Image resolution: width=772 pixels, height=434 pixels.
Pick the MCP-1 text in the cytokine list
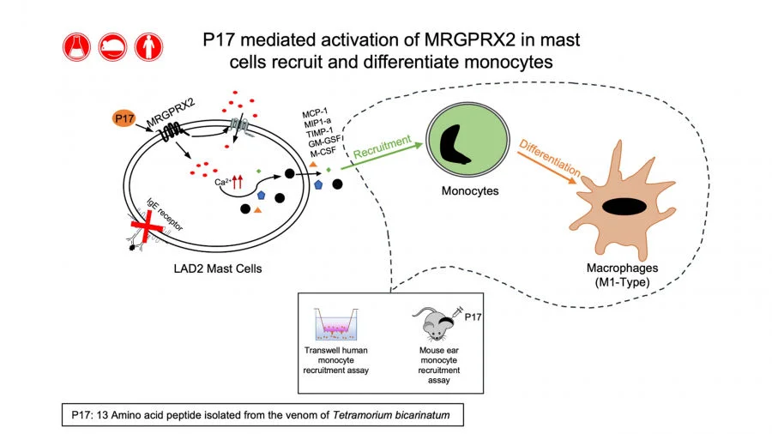coord(317,113)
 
